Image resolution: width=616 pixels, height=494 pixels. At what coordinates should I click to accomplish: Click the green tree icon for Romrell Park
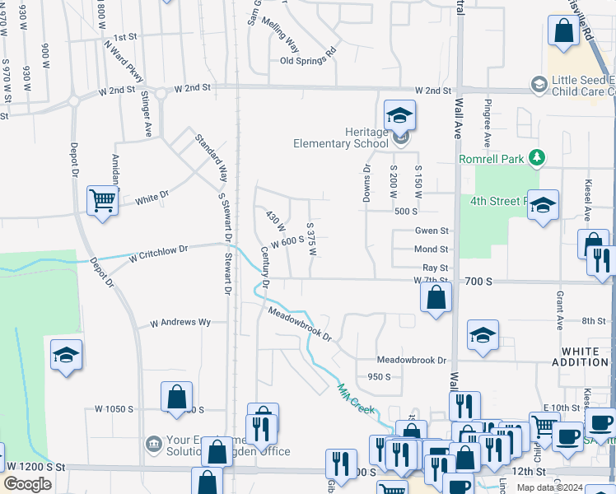(537, 156)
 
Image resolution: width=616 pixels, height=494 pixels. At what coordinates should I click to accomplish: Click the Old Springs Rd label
(309, 61)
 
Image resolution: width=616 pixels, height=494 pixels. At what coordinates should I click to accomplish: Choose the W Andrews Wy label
(180, 323)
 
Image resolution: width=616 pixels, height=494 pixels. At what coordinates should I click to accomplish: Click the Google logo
(27, 483)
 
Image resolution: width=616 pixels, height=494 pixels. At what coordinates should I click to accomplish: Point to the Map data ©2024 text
(563, 487)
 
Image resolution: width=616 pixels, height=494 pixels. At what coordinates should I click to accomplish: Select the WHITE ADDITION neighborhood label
(585, 357)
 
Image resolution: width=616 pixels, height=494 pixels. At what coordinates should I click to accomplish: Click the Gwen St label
(432, 231)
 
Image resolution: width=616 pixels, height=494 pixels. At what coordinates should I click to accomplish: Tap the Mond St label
(432, 249)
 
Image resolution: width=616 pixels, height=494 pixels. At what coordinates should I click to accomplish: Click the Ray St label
(435, 268)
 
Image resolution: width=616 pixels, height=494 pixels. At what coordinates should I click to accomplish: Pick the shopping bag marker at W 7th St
(436, 297)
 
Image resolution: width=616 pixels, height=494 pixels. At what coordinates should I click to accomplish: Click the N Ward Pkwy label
(124, 63)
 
